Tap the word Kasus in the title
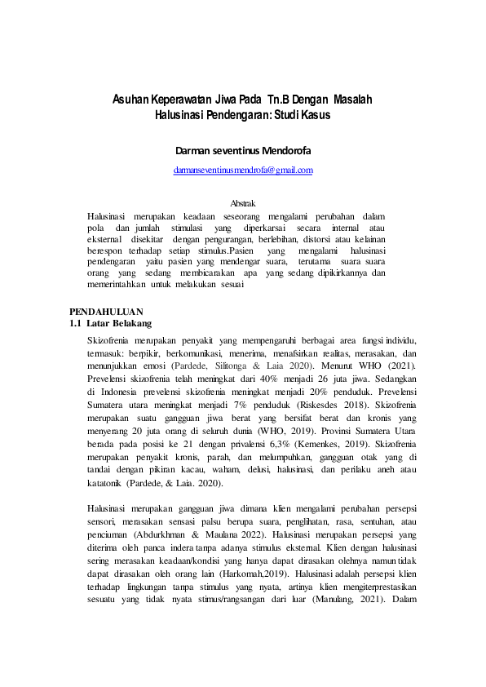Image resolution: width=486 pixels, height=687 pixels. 314,116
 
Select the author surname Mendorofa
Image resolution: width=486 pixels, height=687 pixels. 276,152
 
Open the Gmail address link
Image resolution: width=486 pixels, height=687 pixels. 243,170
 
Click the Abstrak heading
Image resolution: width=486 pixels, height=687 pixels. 243,202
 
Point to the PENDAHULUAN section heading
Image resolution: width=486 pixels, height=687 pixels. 106,312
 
